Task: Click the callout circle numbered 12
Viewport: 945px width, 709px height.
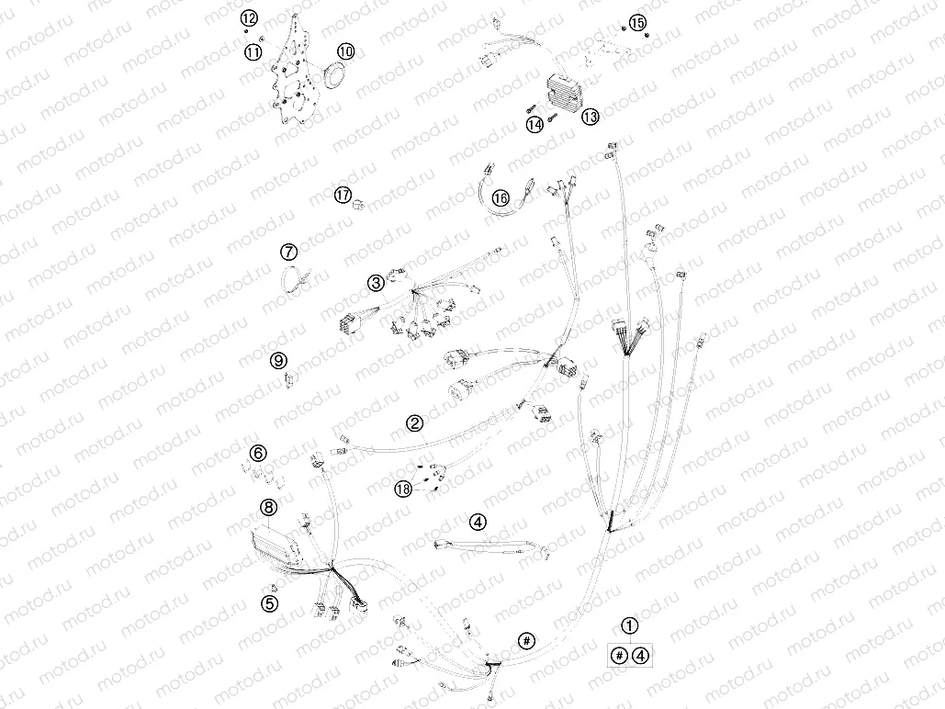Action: pyautogui.click(x=249, y=18)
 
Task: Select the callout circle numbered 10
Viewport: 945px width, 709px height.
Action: pyautogui.click(x=345, y=51)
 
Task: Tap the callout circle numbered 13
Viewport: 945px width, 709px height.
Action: pyautogui.click(x=590, y=117)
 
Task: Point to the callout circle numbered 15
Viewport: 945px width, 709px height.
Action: pyautogui.click(x=637, y=23)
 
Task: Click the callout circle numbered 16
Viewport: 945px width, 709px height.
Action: pyautogui.click(x=501, y=197)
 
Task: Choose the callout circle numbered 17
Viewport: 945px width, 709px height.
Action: pyautogui.click(x=343, y=195)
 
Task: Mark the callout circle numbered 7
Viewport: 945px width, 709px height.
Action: pyautogui.click(x=288, y=252)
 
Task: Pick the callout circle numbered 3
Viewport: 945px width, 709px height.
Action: pyautogui.click(x=377, y=282)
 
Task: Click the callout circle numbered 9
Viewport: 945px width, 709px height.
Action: pyautogui.click(x=278, y=361)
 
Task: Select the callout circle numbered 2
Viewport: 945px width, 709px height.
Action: pyautogui.click(x=415, y=423)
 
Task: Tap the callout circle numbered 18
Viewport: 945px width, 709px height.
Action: pyautogui.click(x=403, y=489)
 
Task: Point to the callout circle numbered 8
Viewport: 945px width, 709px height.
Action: pyautogui.click(x=268, y=508)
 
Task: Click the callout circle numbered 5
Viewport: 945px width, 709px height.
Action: pyautogui.click(x=269, y=602)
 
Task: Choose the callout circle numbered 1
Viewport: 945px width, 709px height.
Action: pyautogui.click(x=629, y=625)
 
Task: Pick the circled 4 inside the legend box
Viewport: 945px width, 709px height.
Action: pyautogui.click(x=641, y=655)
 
